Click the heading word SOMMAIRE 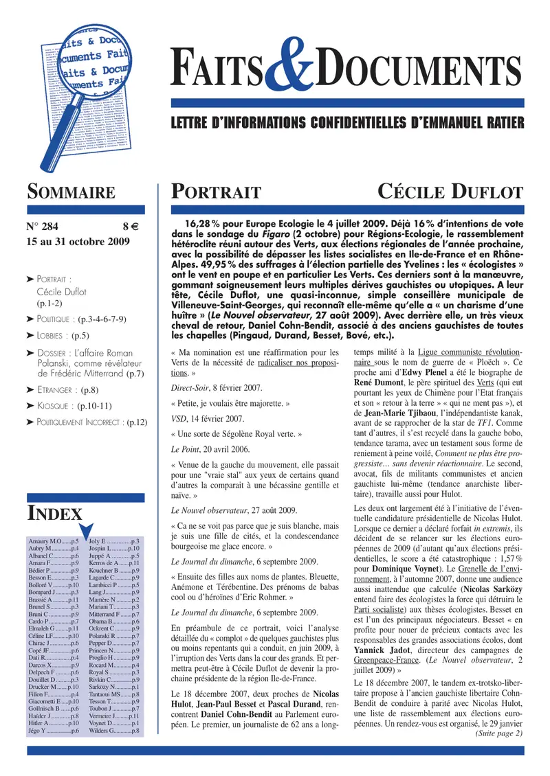pyautogui.click(x=70, y=192)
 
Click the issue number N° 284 pyautogui.click(x=44, y=227)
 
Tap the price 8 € pyautogui.click(x=131, y=227)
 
